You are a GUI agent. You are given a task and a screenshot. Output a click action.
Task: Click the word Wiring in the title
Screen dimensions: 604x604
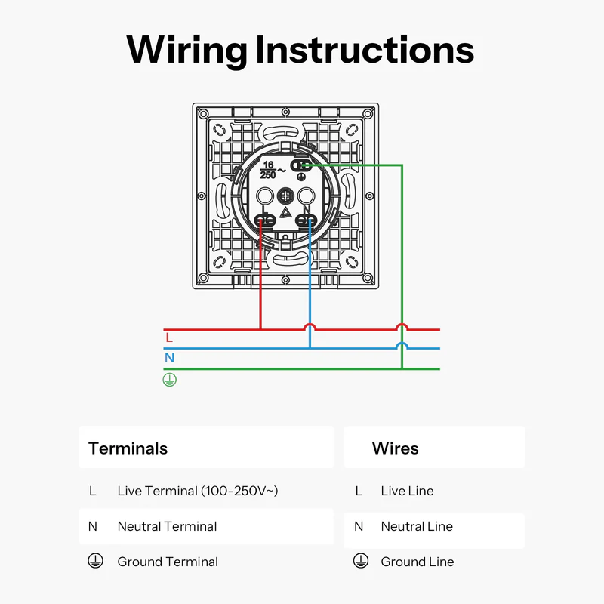[x=186, y=50]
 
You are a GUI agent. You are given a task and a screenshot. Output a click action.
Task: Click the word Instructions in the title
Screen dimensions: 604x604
[x=365, y=50]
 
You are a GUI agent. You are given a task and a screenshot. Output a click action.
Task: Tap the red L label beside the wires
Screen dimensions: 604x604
[x=169, y=337]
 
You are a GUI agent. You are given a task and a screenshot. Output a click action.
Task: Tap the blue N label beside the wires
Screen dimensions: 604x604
[x=169, y=358]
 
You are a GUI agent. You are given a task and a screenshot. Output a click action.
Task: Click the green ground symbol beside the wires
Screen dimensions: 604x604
[x=169, y=380]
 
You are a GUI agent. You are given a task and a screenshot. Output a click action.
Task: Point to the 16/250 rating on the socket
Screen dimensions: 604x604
[x=268, y=169]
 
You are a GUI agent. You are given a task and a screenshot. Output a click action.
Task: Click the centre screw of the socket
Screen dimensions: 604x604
[x=286, y=195]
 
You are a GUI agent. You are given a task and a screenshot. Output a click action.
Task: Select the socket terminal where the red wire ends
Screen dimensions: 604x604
[x=265, y=220]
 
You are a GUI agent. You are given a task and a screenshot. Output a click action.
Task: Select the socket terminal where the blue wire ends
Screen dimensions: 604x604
[x=306, y=220]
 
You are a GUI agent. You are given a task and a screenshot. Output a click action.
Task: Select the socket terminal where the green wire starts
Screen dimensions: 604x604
[x=301, y=165]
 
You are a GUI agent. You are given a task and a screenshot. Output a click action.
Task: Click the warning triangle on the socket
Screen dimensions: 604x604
[x=286, y=213]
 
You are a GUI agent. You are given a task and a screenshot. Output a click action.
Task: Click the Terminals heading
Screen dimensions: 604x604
[x=128, y=448]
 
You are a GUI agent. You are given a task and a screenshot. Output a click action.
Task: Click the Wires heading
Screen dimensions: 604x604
[x=395, y=448]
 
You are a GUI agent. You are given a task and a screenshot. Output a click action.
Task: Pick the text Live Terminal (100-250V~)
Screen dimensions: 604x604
[x=198, y=491]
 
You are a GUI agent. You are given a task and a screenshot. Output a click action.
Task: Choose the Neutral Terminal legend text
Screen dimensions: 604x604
[x=167, y=526]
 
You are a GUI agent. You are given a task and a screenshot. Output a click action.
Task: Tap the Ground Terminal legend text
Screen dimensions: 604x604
[x=168, y=562]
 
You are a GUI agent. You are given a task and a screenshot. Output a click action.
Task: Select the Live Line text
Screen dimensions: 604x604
[x=407, y=491]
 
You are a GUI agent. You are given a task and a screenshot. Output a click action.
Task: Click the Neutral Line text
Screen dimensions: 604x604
[x=417, y=526]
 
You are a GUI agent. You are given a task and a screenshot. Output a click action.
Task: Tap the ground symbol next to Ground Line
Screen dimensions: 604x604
[x=360, y=562]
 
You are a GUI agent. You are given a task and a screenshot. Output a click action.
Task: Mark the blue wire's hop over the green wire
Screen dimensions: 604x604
[x=402, y=346]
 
